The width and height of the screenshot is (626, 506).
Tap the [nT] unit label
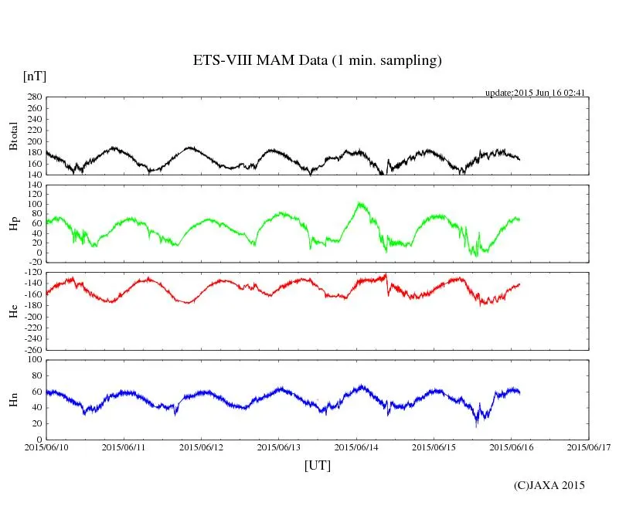pos(35,76)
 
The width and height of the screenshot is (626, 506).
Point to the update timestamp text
pos(535,93)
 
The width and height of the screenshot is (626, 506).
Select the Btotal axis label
pos(13,135)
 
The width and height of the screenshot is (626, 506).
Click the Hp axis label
pos(13,224)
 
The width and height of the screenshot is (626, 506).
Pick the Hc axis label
pos(13,311)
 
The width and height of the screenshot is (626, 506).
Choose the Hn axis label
pos(13,399)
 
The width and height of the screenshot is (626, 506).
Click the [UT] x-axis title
pos(317,465)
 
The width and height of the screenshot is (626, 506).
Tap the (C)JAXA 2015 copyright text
pos(549,485)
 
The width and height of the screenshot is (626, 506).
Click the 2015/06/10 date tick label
pos(46,447)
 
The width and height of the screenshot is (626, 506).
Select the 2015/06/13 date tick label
pos(279,447)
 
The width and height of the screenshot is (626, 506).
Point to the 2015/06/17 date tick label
pos(589,447)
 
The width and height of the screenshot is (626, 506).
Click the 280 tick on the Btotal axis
pos(34,97)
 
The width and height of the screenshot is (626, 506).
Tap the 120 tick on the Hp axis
pos(34,185)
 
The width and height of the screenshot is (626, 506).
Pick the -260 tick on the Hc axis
pos(32,349)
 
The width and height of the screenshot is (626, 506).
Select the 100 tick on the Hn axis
pos(34,359)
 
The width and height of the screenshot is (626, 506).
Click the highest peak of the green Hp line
pos(359,202)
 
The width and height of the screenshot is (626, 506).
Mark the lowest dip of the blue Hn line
pos(477,426)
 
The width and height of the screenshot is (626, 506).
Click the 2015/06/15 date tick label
pos(434,447)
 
